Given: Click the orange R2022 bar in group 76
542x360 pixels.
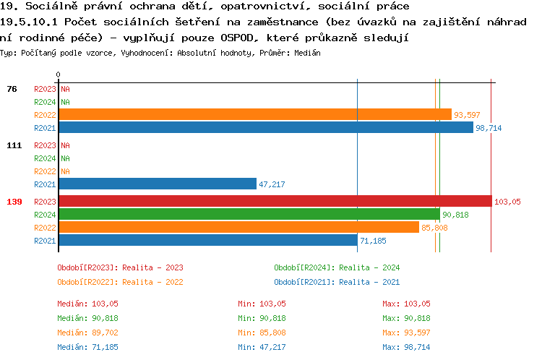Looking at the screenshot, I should tap(255, 115).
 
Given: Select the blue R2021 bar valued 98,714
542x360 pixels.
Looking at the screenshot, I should tap(266, 128).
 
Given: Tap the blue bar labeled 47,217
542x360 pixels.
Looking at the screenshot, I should tap(158, 184).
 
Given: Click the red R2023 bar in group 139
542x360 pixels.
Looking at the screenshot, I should tap(275, 202).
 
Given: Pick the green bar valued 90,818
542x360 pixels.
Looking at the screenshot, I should tap(249, 215).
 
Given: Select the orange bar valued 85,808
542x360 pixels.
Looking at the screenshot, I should tap(238, 228).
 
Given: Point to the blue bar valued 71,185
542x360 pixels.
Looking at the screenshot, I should tap(208, 241).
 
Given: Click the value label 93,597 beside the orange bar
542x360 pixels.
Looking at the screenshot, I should tap(467, 115).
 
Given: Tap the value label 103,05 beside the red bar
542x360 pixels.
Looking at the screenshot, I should tap(507, 202).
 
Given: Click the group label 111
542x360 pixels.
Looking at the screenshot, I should tap(14, 145).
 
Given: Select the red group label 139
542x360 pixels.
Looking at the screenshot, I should tap(14, 202).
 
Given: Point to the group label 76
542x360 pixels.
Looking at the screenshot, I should tap(12, 89).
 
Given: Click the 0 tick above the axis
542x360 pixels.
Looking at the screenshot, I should tap(58, 74).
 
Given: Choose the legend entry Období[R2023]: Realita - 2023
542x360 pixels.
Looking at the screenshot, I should tap(120, 267).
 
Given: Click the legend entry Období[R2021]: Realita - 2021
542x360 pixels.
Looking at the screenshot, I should tap(337, 282).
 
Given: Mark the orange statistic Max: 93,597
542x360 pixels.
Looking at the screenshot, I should tap(406, 333).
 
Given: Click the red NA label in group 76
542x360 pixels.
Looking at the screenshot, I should tap(65, 89).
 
